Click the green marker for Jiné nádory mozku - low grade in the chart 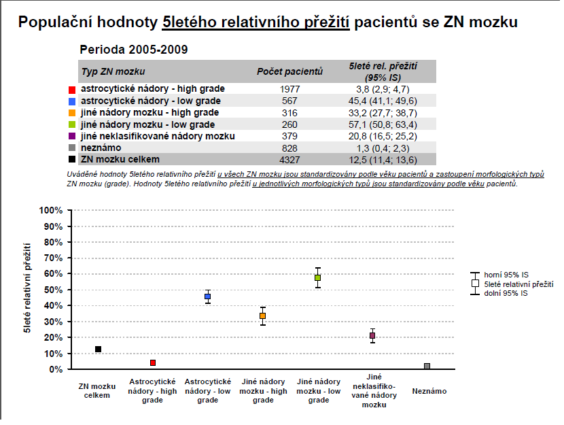coord(317,278)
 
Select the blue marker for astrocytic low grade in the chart coord(208,296)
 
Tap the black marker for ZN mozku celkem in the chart coord(98,349)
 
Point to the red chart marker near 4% coord(153,363)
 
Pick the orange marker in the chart coord(262,316)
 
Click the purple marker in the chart coord(372,335)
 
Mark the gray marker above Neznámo coord(427,366)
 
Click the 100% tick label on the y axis coord(52,210)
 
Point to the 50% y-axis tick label coord(54,290)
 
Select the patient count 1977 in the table coord(289,89)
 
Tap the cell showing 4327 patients coord(289,160)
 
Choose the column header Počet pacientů coord(289,71)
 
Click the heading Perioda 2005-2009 coord(134,50)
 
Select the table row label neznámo coord(102,148)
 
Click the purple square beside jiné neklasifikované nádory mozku coord(71,137)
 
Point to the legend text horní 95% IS coord(507,275)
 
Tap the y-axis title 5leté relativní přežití coord(27,286)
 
